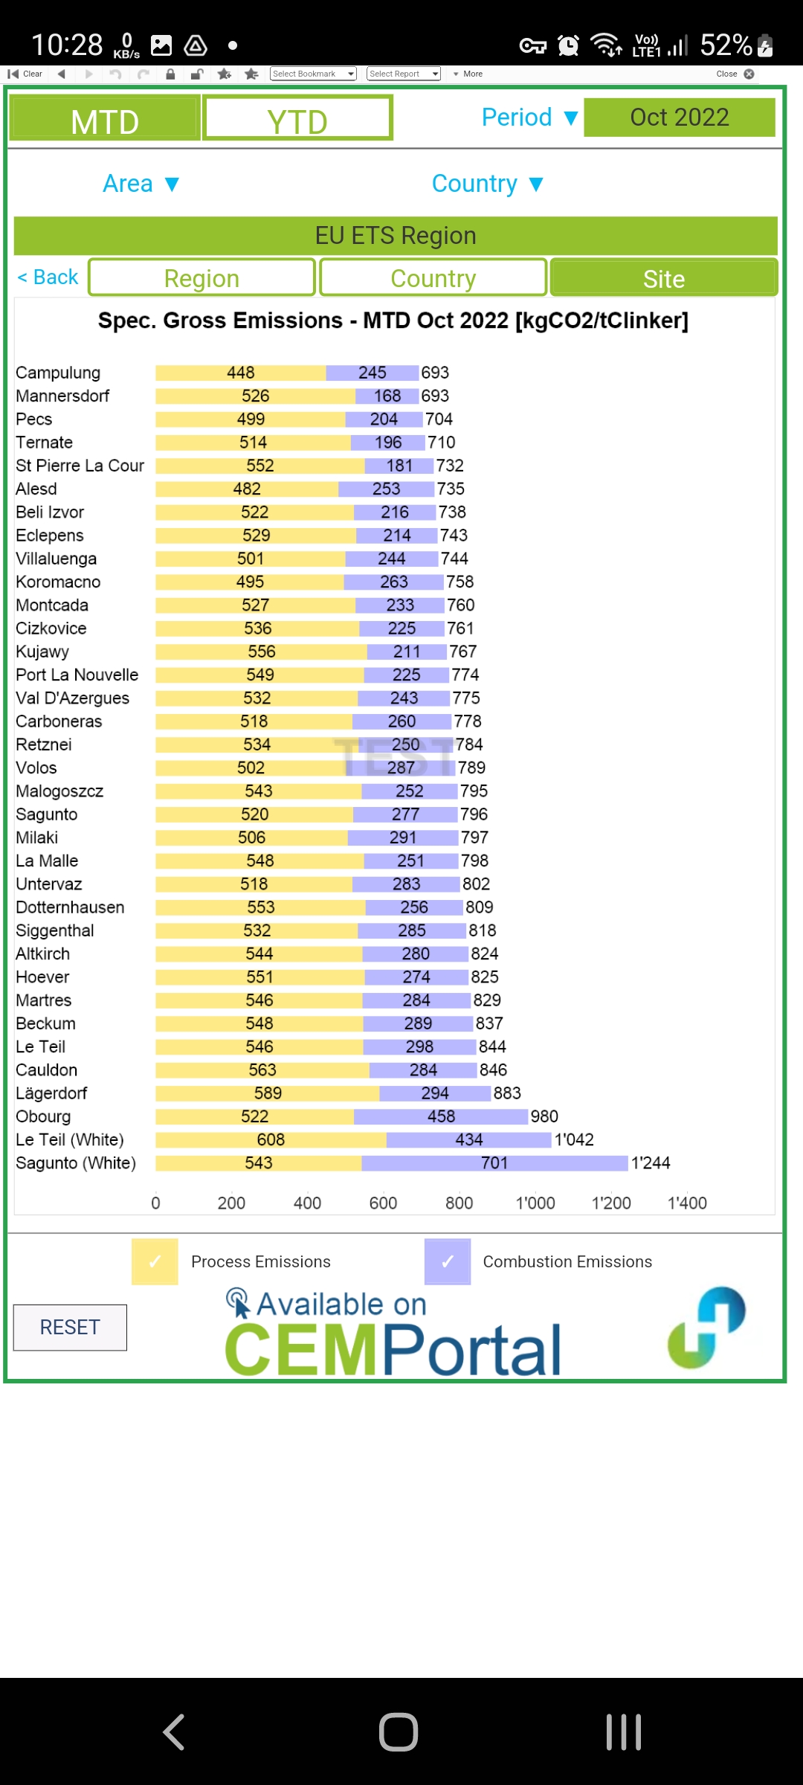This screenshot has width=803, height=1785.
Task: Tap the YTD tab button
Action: pos(297,118)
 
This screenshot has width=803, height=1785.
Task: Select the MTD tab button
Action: pos(105,118)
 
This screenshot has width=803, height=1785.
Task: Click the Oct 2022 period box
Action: pos(680,118)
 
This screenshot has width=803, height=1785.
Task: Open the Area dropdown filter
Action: pos(141,184)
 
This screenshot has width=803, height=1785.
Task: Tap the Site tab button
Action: pos(663,278)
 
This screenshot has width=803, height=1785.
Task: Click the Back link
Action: pos(48,277)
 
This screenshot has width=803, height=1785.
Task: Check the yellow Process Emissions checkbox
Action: pos(155,1261)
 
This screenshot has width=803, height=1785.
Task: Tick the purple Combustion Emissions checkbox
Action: pos(448,1261)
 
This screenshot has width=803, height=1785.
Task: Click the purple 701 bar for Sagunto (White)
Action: pos(494,1163)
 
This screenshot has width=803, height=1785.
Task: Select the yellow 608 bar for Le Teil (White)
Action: pos(271,1140)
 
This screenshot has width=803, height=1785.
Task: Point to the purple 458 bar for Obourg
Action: pos(441,1116)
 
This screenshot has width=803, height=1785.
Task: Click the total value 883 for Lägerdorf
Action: pos(507,1093)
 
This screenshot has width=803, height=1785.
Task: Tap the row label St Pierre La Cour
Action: pos(80,466)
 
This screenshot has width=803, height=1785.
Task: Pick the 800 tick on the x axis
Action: pos(459,1203)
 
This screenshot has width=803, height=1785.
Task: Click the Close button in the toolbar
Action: pos(735,74)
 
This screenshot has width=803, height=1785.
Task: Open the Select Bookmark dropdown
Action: pos(313,74)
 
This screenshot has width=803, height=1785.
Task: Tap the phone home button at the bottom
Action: pos(399,1731)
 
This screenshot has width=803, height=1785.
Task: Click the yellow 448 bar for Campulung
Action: pos(240,373)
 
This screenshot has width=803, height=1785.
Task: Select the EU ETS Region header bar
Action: pos(396,236)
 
